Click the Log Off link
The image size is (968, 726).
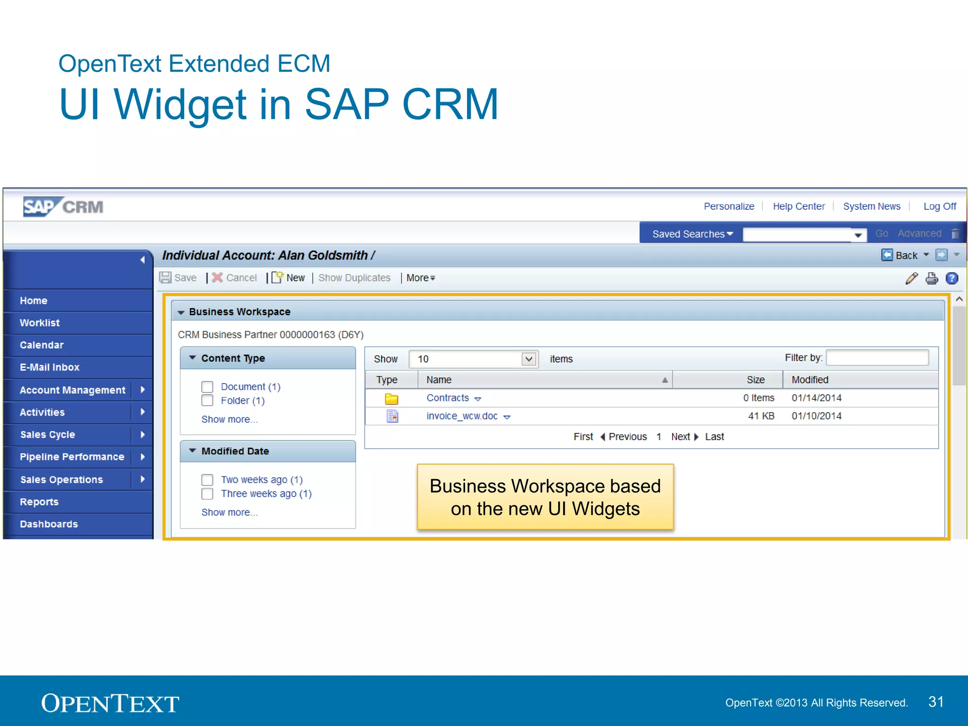click(x=940, y=207)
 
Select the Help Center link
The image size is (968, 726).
click(x=798, y=207)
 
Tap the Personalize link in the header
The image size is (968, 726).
click(x=729, y=207)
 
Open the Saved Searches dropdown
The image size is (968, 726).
click(x=692, y=234)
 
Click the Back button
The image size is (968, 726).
click(x=900, y=255)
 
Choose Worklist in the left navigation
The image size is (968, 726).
click(x=40, y=323)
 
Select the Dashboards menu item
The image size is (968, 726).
click(x=49, y=524)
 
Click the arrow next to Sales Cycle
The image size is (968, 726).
click(x=142, y=434)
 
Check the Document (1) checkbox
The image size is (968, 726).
click(x=207, y=387)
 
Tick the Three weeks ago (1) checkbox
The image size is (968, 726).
click(x=207, y=494)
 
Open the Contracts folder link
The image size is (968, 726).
click(x=448, y=398)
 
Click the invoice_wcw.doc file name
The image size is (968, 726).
click(x=462, y=416)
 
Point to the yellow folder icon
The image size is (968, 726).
click(x=391, y=398)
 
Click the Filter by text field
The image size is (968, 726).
click(x=877, y=358)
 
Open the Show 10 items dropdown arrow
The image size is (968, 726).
click(x=529, y=359)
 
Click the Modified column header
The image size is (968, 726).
click(x=810, y=380)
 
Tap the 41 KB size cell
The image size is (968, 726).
click(x=761, y=416)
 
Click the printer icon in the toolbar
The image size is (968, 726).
click(x=932, y=278)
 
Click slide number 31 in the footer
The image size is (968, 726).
click(x=936, y=702)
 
